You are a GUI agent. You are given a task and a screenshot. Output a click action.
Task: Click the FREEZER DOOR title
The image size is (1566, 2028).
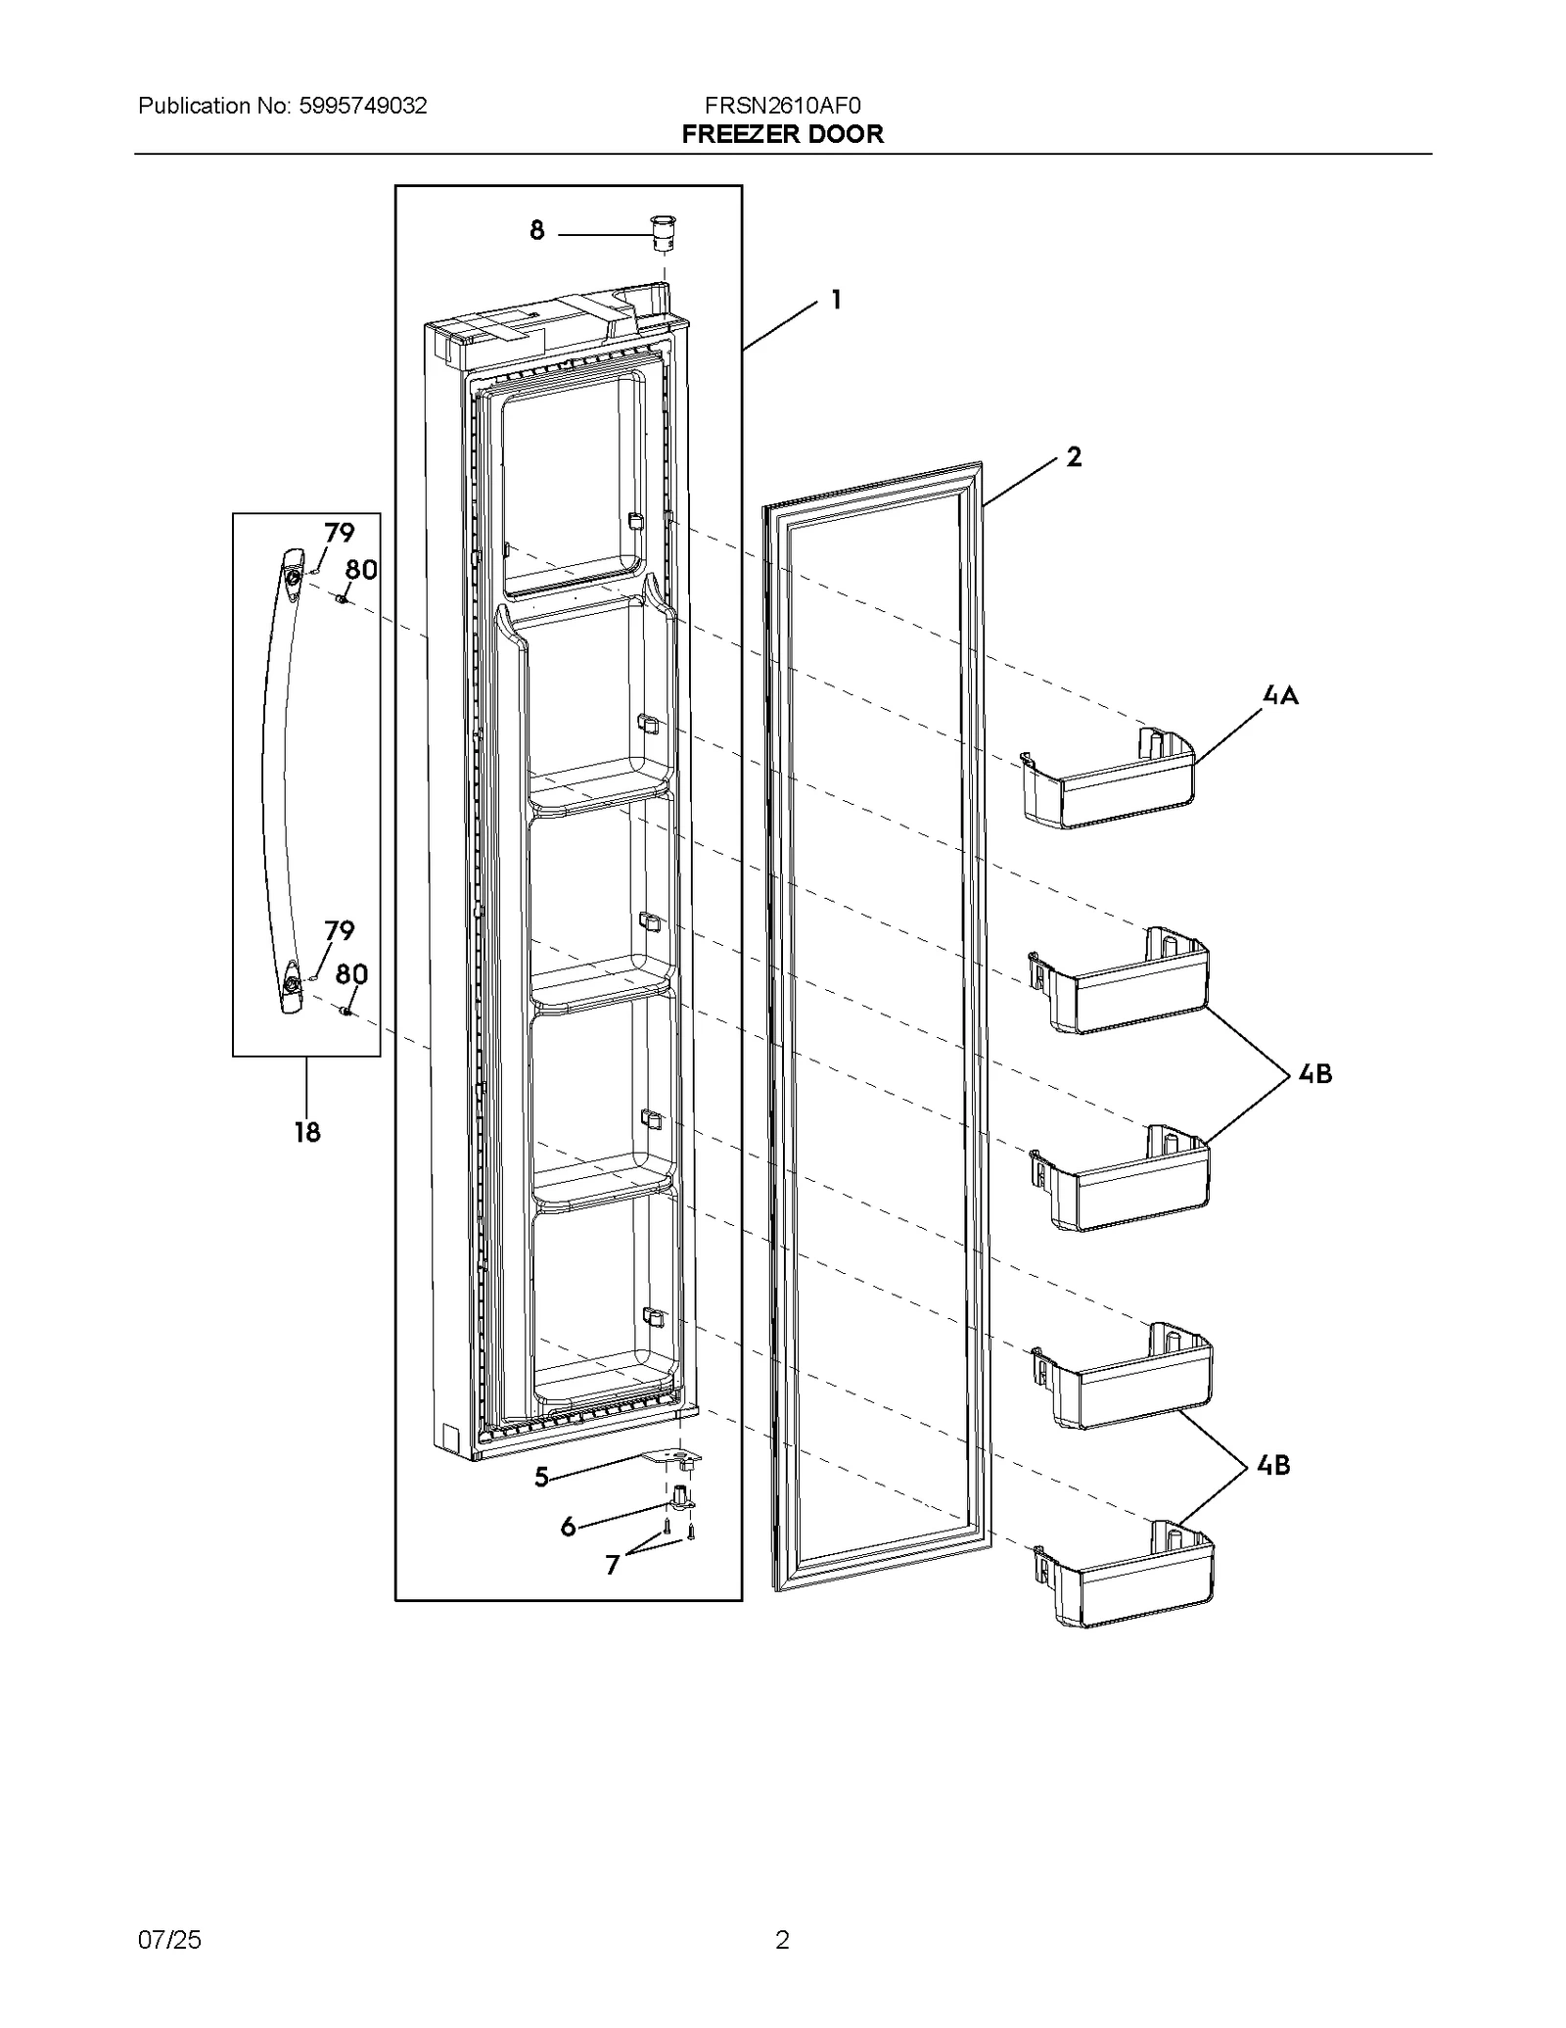point(782,134)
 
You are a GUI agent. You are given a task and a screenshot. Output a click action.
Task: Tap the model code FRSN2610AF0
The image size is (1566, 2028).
point(782,106)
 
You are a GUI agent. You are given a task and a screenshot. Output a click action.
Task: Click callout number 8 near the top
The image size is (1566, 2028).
point(536,231)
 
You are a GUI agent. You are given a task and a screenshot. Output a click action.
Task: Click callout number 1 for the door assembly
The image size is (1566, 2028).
point(836,300)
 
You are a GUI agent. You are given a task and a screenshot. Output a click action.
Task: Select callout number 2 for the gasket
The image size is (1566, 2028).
point(1074,456)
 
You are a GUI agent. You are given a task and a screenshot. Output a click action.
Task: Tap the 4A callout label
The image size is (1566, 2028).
point(1280,695)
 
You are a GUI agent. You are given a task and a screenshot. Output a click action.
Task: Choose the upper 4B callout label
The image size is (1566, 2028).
point(1314,1074)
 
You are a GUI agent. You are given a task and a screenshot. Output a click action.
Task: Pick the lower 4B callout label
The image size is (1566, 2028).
point(1272,1465)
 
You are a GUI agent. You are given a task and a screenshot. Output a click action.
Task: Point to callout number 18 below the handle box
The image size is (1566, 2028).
point(306,1132)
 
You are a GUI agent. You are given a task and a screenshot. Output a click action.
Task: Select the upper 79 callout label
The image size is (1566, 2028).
point(339,534)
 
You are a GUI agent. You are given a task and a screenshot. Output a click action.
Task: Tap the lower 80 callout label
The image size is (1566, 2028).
point(351,973)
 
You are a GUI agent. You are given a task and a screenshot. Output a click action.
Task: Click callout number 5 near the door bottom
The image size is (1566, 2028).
point(541,1477)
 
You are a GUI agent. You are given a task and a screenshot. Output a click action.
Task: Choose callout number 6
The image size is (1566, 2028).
point(568,1527)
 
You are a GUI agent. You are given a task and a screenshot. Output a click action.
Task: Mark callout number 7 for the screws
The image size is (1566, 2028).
point(613,1565)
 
